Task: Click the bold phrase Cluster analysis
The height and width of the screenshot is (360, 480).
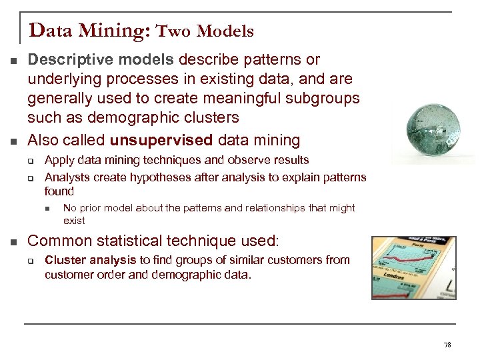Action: [90, 260]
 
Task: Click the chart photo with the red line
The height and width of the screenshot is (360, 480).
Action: [413, 267]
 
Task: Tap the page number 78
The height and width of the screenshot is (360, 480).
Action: [447, 345]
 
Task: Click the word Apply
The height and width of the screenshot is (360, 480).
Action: [59, 160]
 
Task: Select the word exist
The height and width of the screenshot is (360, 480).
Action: [74, 221]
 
